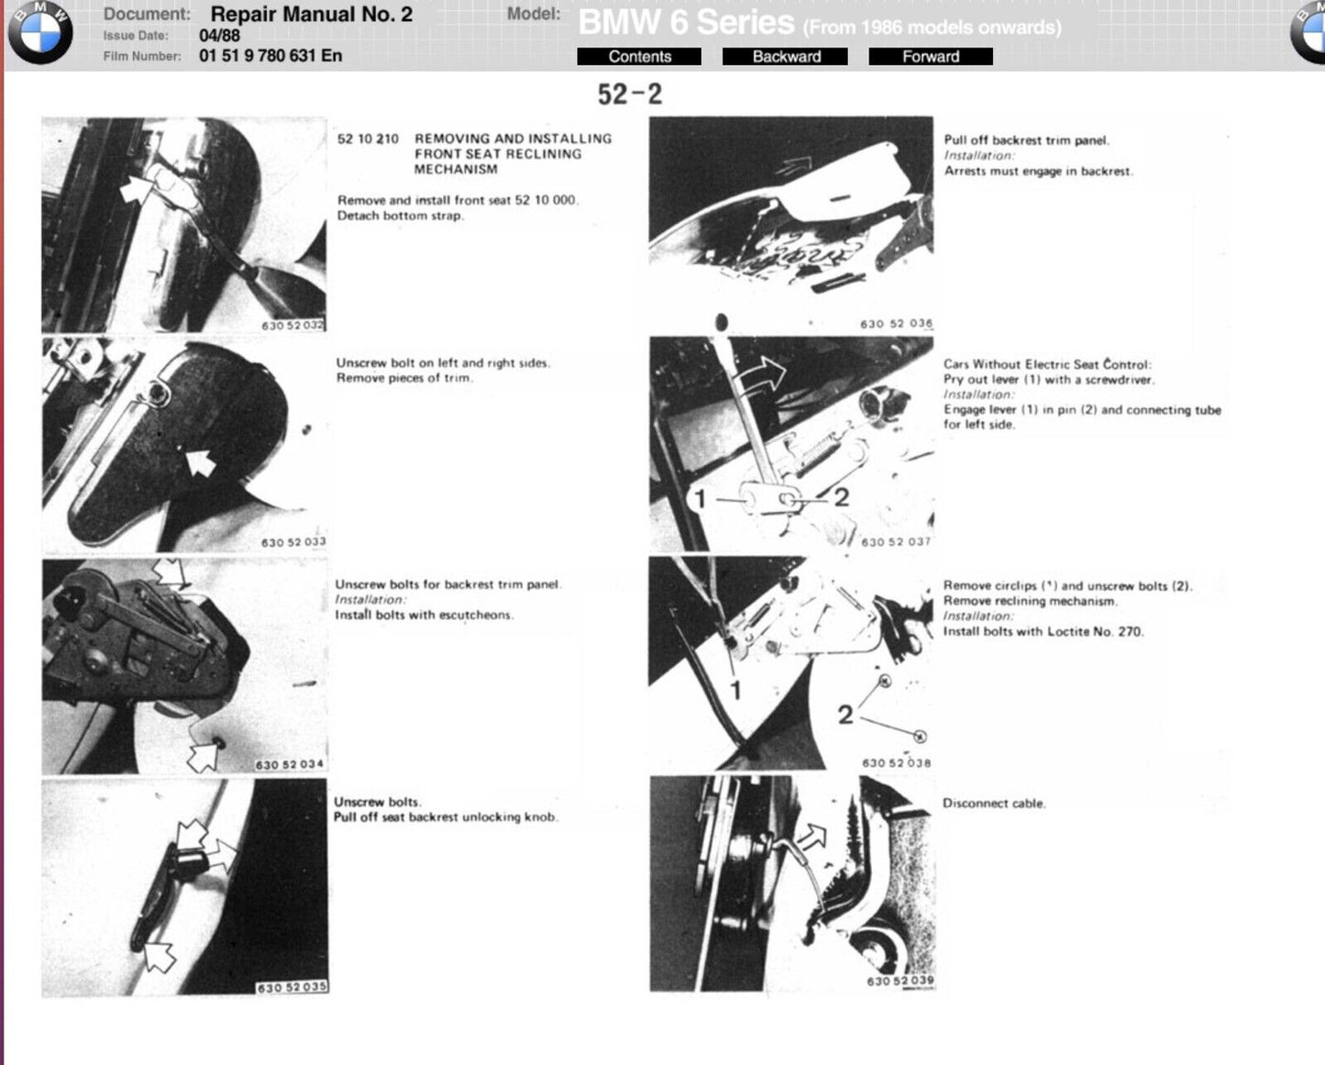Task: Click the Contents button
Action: pyautogui.click(x=639, y=57)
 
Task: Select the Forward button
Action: pyautogui.click(x=931, y=57)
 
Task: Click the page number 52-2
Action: pyautogui.click(x=630, y=94)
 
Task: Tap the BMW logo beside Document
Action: pyautogui.click(x=40, y=33)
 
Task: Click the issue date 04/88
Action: pyautogui.click(x=220, y=36)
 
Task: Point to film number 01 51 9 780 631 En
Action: pyautogui.click(x=271, y=55)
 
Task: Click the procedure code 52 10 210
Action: pyautogui.click(x=368, y=139)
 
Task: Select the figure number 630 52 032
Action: pyautogui.click(x=293, y=326)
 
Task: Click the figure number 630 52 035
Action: pyautogui.click(x=292, y=987)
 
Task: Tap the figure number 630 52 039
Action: pyautogui.click(x=900, y=980)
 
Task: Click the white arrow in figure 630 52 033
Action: pyautogui.click(x=200, y=462)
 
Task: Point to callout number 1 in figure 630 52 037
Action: pyautogui.click(x=700, y=499)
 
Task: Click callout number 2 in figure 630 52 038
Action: pyautogui.click(x=845, y=715)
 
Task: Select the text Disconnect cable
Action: pyautogui.click(x=994, y=804)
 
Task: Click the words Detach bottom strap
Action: pyautogui.click(x=400, y=216)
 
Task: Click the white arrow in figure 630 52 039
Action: pyautogui.click(x=812, y=837)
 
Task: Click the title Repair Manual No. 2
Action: pyautogui.click(x=312, y=14)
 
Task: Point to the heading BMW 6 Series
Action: pyautogui.click(x=687, y=23)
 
